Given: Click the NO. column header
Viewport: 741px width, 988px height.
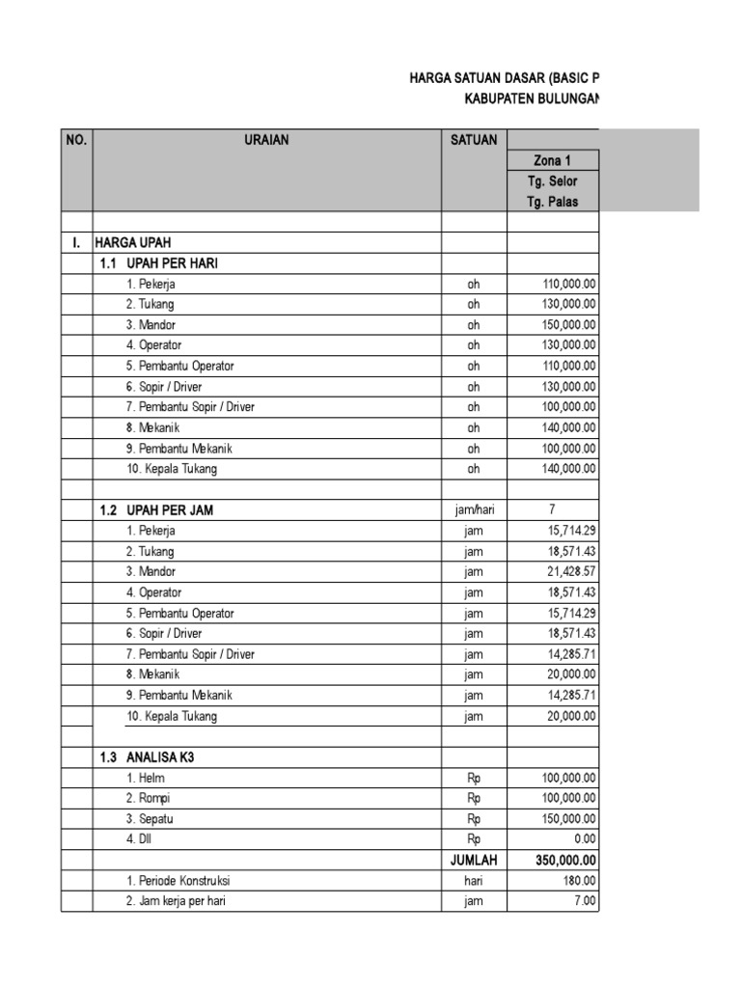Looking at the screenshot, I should [x=76, y=140].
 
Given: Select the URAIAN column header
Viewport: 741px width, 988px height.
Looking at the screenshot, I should [x=266, y=140].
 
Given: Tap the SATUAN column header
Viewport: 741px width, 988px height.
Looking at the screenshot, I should [x=474, y=140].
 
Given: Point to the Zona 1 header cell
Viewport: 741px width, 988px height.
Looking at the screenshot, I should [x=553, y=160].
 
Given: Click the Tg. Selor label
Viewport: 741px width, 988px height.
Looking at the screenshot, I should [x=553, y=181].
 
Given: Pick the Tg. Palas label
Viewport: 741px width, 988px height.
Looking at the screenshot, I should [x=553, y=202].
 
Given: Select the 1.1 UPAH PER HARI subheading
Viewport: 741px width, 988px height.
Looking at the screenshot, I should [x=159, y=263].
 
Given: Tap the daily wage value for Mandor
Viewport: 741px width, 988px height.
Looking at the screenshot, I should [x=569, y=325].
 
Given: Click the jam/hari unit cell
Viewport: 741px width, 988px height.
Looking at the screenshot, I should [x=474, y=509].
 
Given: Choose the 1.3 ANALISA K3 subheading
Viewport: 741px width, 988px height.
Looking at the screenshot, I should [x=148, y=757].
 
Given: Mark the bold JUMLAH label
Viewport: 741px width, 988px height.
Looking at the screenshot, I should [x=474, y=860].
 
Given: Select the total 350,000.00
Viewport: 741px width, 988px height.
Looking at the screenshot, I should [x=566, y=860].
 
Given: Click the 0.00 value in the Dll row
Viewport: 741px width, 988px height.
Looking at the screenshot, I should [x=585, y=839].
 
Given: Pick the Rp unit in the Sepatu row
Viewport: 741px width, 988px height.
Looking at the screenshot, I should [x=474, y=819].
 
